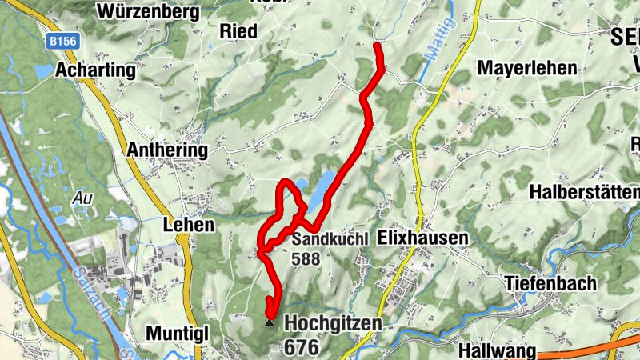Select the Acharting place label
coord(95,70)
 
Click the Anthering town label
coord(167,150)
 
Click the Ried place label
coord(238,31)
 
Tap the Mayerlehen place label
coord(527,68)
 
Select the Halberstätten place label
coord(584,193)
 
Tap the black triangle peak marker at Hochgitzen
coord(269,324)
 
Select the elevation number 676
coord(301,347)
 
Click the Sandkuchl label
coord(330,239)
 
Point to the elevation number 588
coord(306,259)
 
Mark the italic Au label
coord(81,197)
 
